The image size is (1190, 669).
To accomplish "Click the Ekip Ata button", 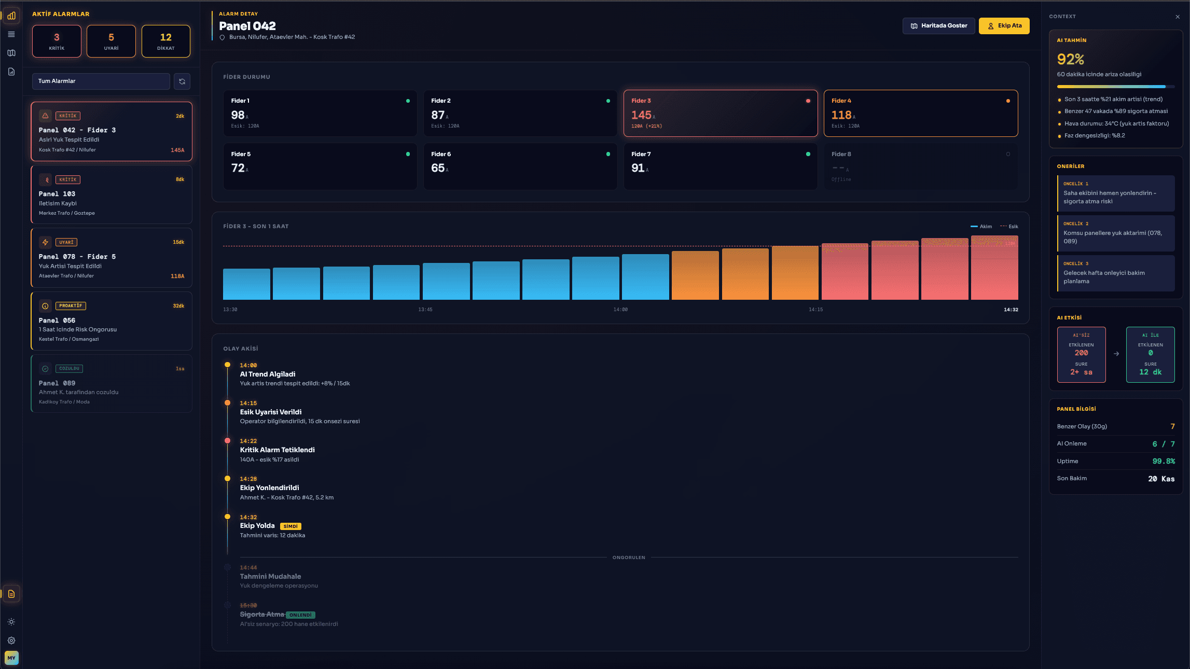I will [1004, 26].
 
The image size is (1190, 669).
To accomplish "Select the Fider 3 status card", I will [720, 114].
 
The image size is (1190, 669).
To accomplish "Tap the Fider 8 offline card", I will [920, 166].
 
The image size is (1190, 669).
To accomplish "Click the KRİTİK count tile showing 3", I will [57, 41].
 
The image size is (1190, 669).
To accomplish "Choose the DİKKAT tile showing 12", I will [165, 41].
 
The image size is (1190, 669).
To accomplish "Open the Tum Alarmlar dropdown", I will [101, 81].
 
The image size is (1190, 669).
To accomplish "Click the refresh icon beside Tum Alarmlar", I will [182, 81].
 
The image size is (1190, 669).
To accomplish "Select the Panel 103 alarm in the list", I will [111, 195].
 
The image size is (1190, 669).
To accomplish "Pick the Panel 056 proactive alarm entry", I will [111, 321].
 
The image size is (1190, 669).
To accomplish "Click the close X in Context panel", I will [1177, 17].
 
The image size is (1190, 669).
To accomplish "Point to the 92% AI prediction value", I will [1071, 59].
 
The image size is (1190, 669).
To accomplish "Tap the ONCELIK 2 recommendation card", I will [1115, 233].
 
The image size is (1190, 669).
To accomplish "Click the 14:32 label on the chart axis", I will [1011, 310].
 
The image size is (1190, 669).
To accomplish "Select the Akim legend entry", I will [981, 227].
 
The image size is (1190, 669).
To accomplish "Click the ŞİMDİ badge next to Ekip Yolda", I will [290, 526].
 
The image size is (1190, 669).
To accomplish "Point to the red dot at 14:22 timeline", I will [227, 441].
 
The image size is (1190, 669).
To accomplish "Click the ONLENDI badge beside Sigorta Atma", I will [300, 615].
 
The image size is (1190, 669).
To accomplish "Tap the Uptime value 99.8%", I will [1164, 461].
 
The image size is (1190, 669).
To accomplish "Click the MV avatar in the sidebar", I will [11, 658].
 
